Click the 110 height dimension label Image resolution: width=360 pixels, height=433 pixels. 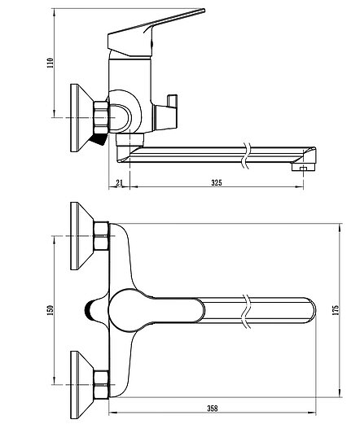point(50,63)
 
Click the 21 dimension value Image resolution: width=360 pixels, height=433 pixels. point(119,182)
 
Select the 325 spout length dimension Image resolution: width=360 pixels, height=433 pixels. point(217,182)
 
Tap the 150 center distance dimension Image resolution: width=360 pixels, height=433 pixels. point(50,310)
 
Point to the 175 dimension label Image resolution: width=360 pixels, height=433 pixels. point(336,310)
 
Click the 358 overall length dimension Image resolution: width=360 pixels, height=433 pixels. point(213,408)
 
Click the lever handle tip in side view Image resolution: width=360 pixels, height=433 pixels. point(203,11)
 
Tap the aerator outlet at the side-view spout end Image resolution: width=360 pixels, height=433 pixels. point(303,168)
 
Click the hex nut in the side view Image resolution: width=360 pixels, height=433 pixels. point(101,118)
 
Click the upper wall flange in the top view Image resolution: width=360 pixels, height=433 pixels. point(82,236)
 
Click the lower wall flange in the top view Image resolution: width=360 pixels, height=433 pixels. point(82,385)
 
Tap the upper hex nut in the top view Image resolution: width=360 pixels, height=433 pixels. point(101,236)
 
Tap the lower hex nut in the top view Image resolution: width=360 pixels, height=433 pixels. point(101,385)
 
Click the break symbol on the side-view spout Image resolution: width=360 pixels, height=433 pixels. point(246,155)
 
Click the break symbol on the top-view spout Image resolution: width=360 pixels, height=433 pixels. point(247,311)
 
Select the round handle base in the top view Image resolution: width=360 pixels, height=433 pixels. point(125,310)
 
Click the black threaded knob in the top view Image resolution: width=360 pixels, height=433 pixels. point(89,310)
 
